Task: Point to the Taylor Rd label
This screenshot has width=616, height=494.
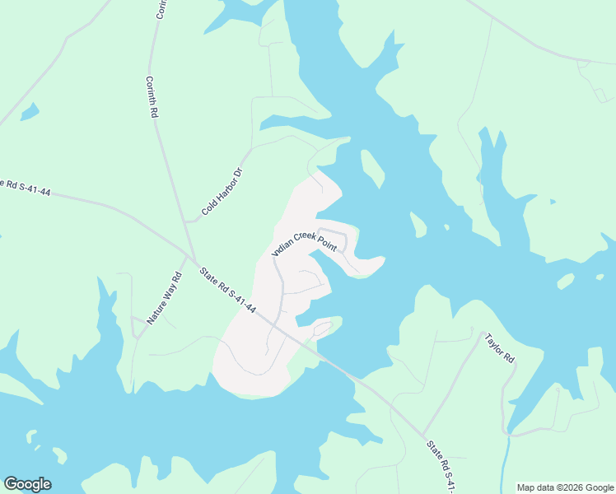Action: pyautogui.click(x=499, y=348)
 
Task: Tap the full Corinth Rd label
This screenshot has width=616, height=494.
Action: pyautogui.click(x=152, y=97)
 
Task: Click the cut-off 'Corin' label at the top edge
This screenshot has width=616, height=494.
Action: pyautogui.click(x=161, y=9)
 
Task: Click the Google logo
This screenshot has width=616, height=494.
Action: pyautogui.click(x=27, y=484)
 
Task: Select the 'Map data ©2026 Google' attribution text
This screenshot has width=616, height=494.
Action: pyautogui.click(x=566, y=487)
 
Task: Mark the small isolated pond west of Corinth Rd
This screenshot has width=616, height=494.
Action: pyautogui.click(x=30, y=111)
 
